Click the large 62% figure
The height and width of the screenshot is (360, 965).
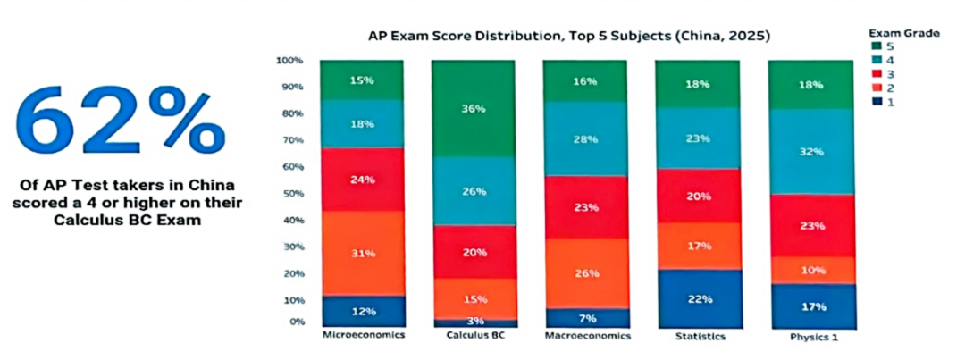[x=121, y=118]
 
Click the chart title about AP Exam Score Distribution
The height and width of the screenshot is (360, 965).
[x=569, y=37]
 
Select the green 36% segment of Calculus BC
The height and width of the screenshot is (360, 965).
[x=474, y=108]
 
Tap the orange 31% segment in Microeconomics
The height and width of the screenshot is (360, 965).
[x=363, y=253]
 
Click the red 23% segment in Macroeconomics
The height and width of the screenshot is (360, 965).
[x=585, y=207]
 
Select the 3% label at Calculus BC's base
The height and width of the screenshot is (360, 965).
[x=474, y=321]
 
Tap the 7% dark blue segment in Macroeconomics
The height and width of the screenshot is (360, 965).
[x=585, y=318]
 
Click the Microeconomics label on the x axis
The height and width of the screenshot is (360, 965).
[x=363, y=337]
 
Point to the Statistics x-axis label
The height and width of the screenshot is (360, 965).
[x=699, y=337]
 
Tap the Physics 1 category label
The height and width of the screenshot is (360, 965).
[x=810, y=338]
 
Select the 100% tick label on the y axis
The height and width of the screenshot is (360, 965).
[x=289, y=61]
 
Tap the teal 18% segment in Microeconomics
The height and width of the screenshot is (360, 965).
[x=363, y=124]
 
